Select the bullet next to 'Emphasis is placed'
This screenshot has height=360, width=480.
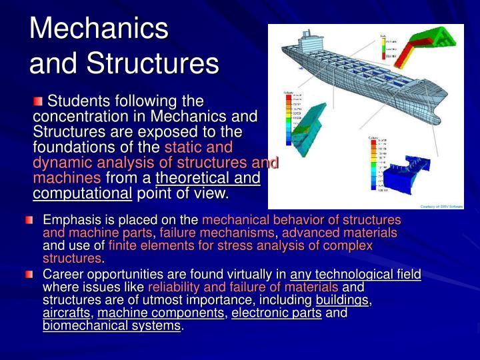(x=29, y=220)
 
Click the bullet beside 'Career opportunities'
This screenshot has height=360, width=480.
(x=29, y=274)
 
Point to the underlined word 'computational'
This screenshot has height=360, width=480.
(x=83, y=194)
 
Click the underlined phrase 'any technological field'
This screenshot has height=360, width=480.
(x=355, y=274)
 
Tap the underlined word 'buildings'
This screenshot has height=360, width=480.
(x=342, y=300)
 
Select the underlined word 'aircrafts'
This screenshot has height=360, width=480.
(x=66, y=313)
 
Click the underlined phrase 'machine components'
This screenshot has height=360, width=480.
(x=161, y=313)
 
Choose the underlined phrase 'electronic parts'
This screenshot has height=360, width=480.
(x=276, y=313)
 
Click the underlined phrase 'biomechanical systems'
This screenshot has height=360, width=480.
(x=111, y=325)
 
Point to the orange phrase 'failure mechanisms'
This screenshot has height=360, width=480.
(x=217, y=233)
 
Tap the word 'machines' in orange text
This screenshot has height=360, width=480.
(x=67, y=178)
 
